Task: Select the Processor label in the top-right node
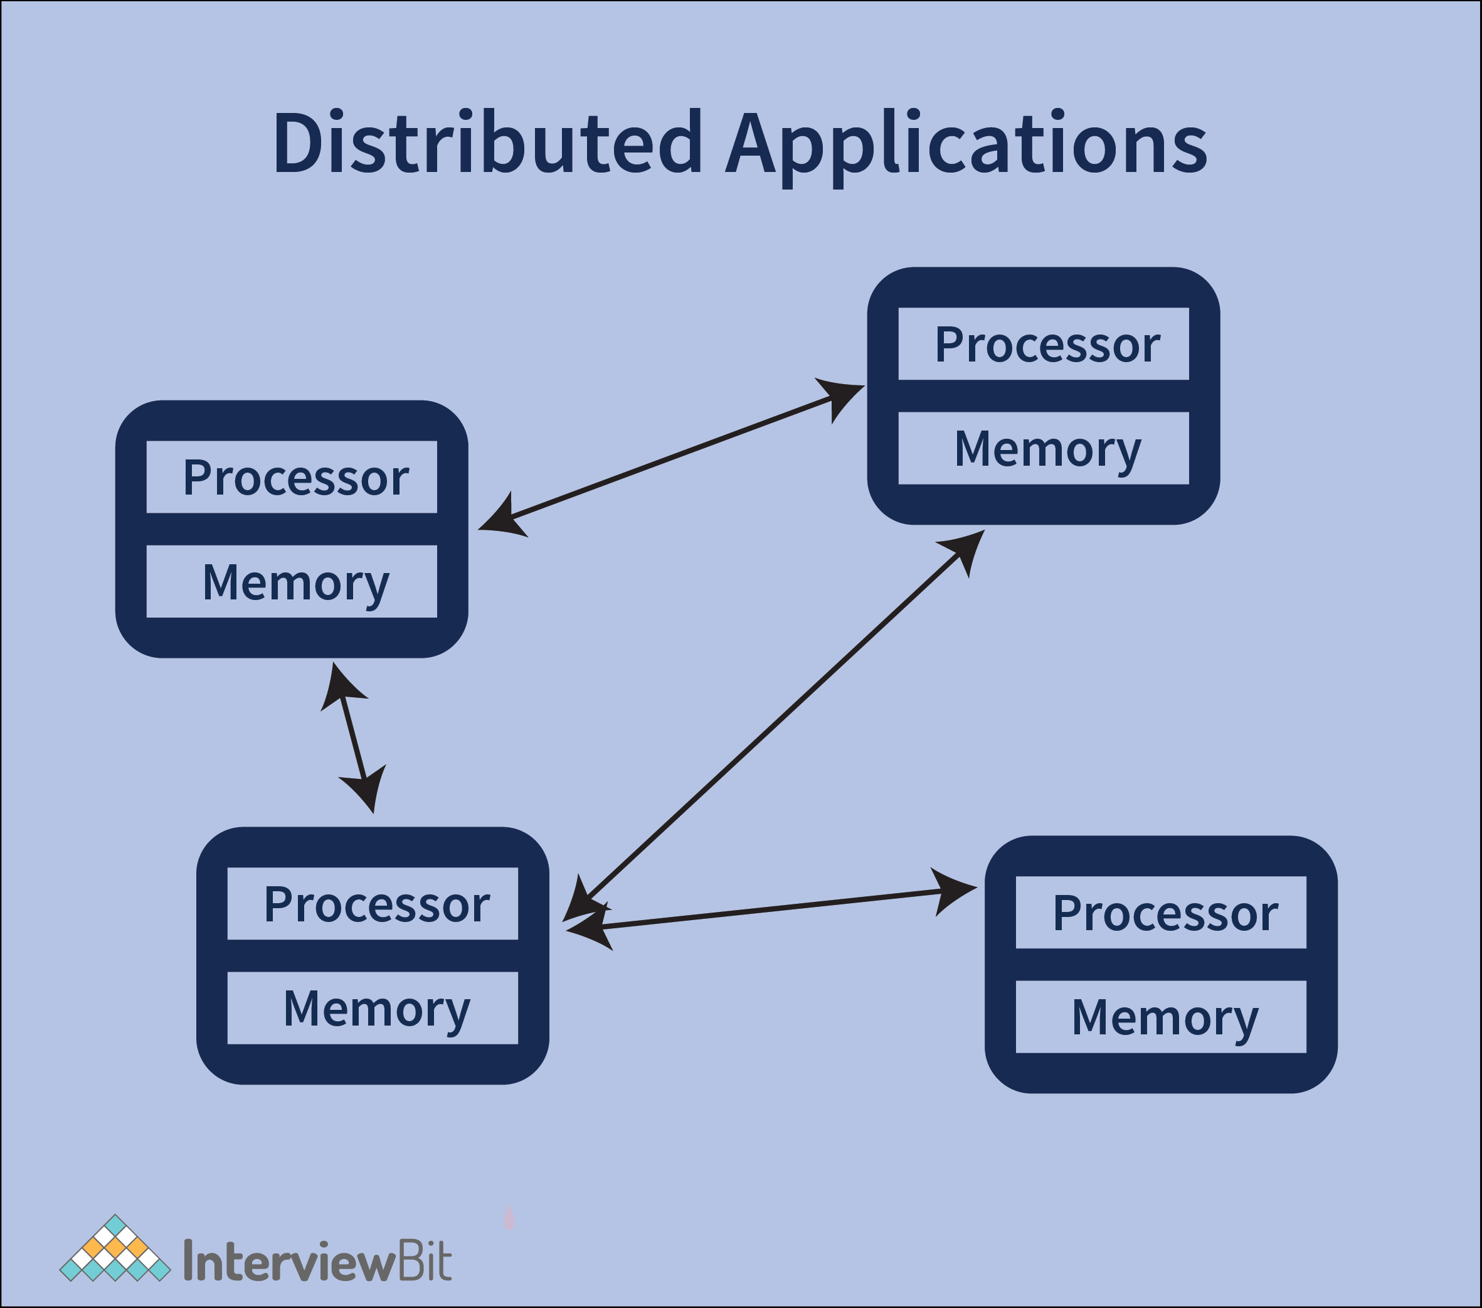pyautogui.click(x=1046, y=345)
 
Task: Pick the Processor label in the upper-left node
pyautogui.click(x=295, y=478)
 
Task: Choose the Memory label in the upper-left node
pyautogui.click(x=295, y=582)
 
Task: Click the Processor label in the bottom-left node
pyautogui.click(x=376, y=904)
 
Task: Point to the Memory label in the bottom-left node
pyautogui.click(x=376, y=1009)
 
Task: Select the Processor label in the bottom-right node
pyautogui.click(x=1165, y=913)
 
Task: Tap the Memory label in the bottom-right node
pyautogui.click(x=1165, y=1018)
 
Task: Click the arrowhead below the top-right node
pyautogui.click(x=966, y=550)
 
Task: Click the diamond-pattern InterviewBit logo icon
pyautogui.click(x=115, y=1249)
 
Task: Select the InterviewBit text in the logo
pyautogui.click(x=317, y=1262)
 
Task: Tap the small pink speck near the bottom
pyautogui.click(x=509, y=1220)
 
